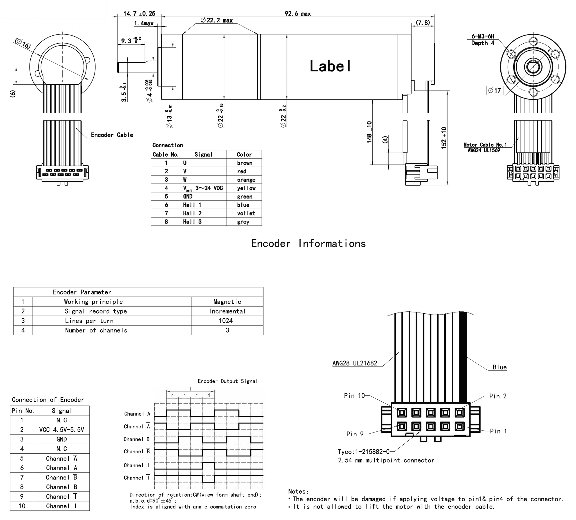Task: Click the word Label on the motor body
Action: click(x=330, y=66)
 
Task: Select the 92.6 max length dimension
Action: click(x=298, y=14)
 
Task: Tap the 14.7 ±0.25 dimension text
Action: click(x=139, y=14)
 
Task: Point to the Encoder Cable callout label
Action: click(x=112, y=135)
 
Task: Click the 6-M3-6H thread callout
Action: click(x=483, y=36)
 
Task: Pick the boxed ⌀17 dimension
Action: click(x=494, y=91)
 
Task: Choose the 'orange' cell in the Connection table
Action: click(x=246, y=180)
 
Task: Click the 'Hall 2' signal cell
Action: click(x=192, y=213)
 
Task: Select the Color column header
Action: click(x=244, y=155)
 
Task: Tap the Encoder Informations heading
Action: click(x=308, y=244)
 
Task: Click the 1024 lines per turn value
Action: click(x=226, y=321)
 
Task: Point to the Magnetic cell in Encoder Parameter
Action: click(x=227, y=302)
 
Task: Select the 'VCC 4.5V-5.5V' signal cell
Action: click(x=61, y=430)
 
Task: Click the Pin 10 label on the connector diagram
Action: click(x=354, y=396)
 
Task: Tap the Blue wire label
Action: click(x=499, y=367)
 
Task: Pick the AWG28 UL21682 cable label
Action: click(x=355, y=363)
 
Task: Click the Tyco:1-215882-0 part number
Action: click(x=363, y=452)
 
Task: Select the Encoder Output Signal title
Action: click(x=228, y=381)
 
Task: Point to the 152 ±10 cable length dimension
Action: click(x=444, y=138)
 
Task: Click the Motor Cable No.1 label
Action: click(x=485, y=145)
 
